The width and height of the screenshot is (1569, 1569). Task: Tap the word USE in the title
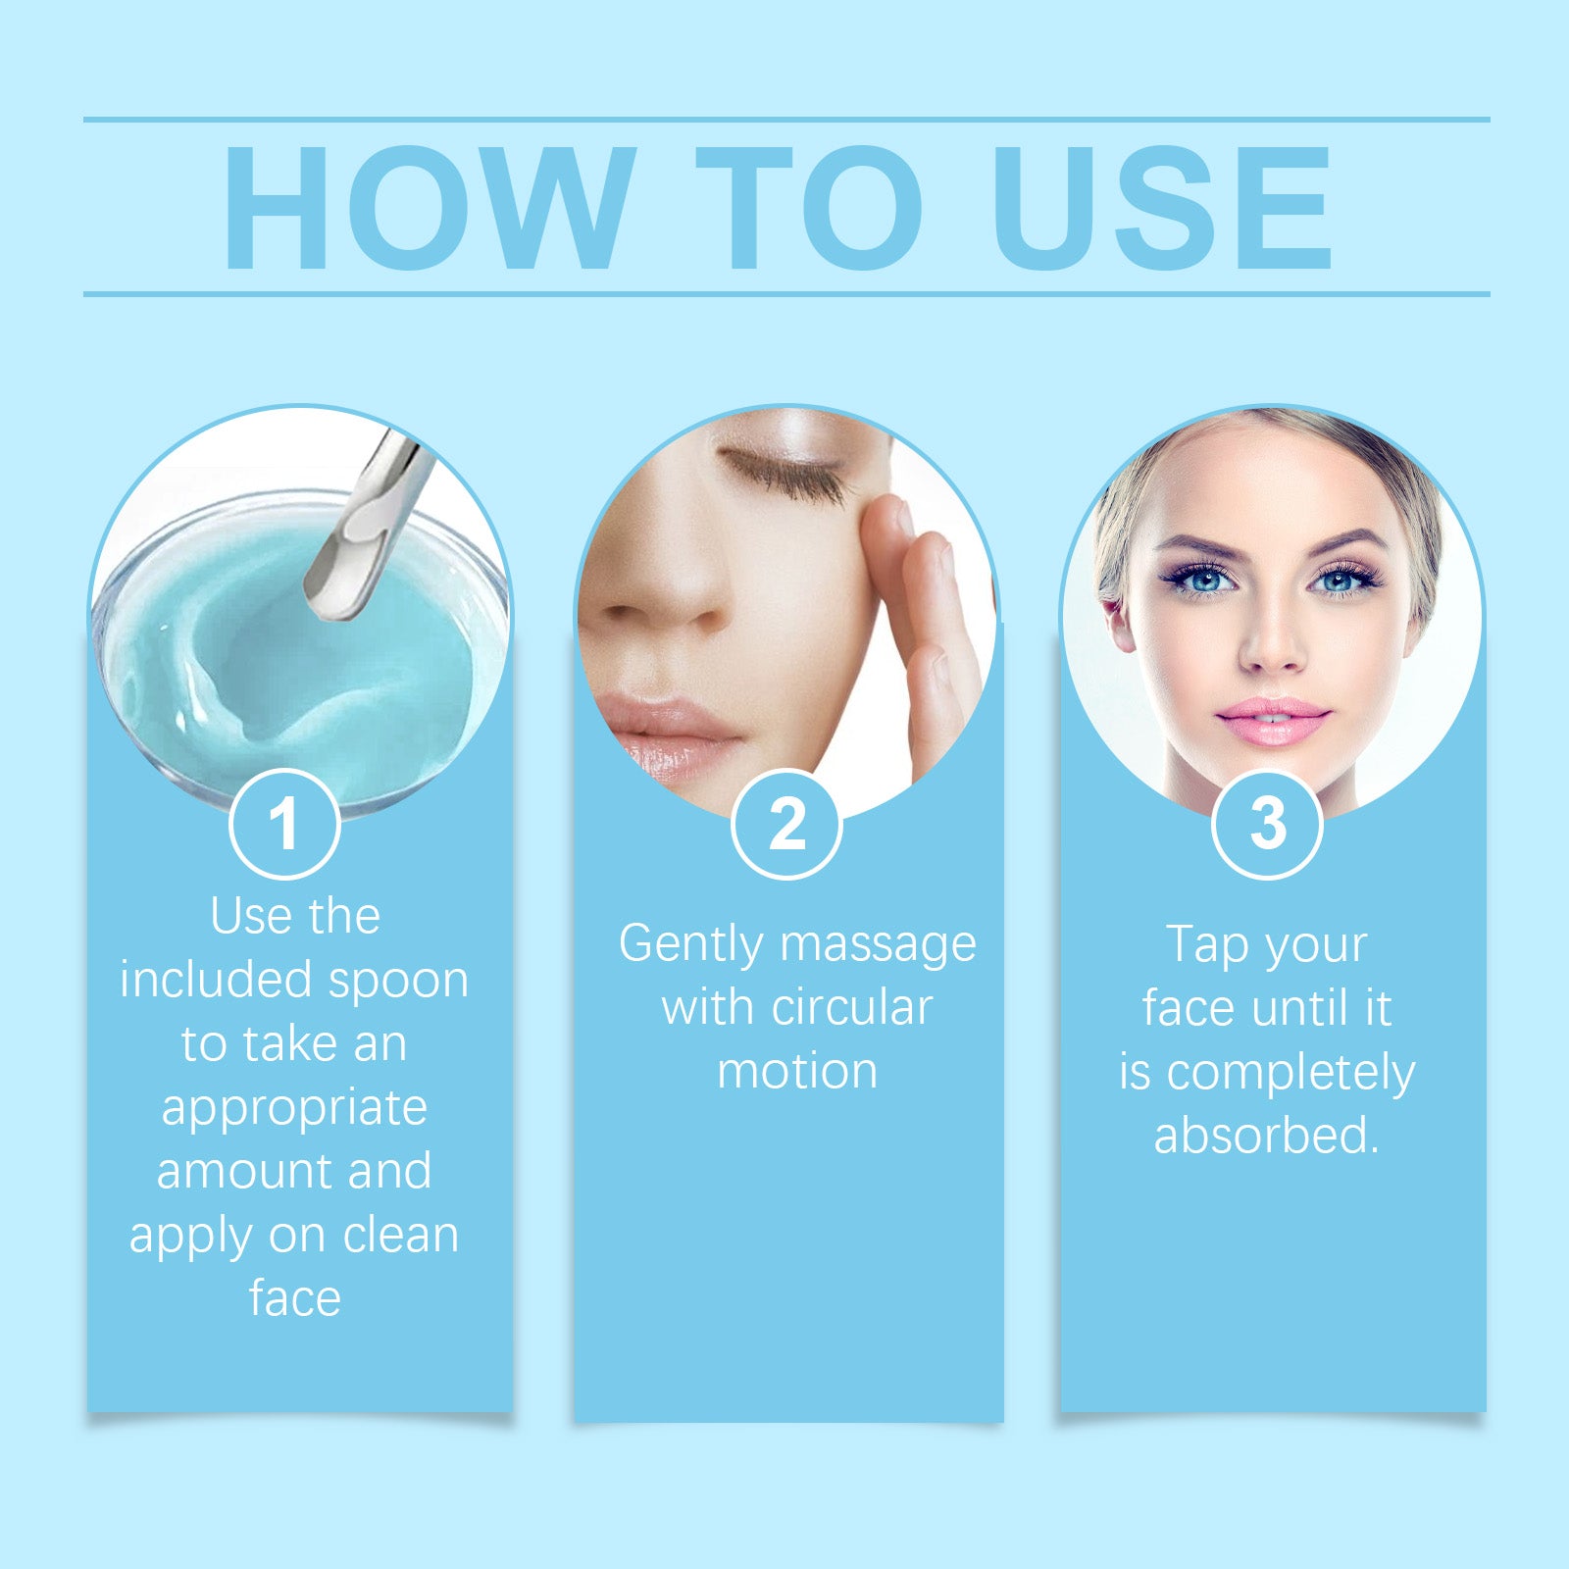pos(1161,208)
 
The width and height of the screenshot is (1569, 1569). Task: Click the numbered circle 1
pos(284,824)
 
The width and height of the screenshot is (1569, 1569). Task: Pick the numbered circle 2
pos(786,824)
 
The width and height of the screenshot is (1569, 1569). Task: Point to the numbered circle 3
pos(1267,824)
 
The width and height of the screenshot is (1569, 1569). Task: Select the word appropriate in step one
pos(294,1108)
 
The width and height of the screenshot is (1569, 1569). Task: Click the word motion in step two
pos(797,1071)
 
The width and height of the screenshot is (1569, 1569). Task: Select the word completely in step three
pos(1291,1073)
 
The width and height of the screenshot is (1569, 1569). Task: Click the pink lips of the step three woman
pos(1272,721)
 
